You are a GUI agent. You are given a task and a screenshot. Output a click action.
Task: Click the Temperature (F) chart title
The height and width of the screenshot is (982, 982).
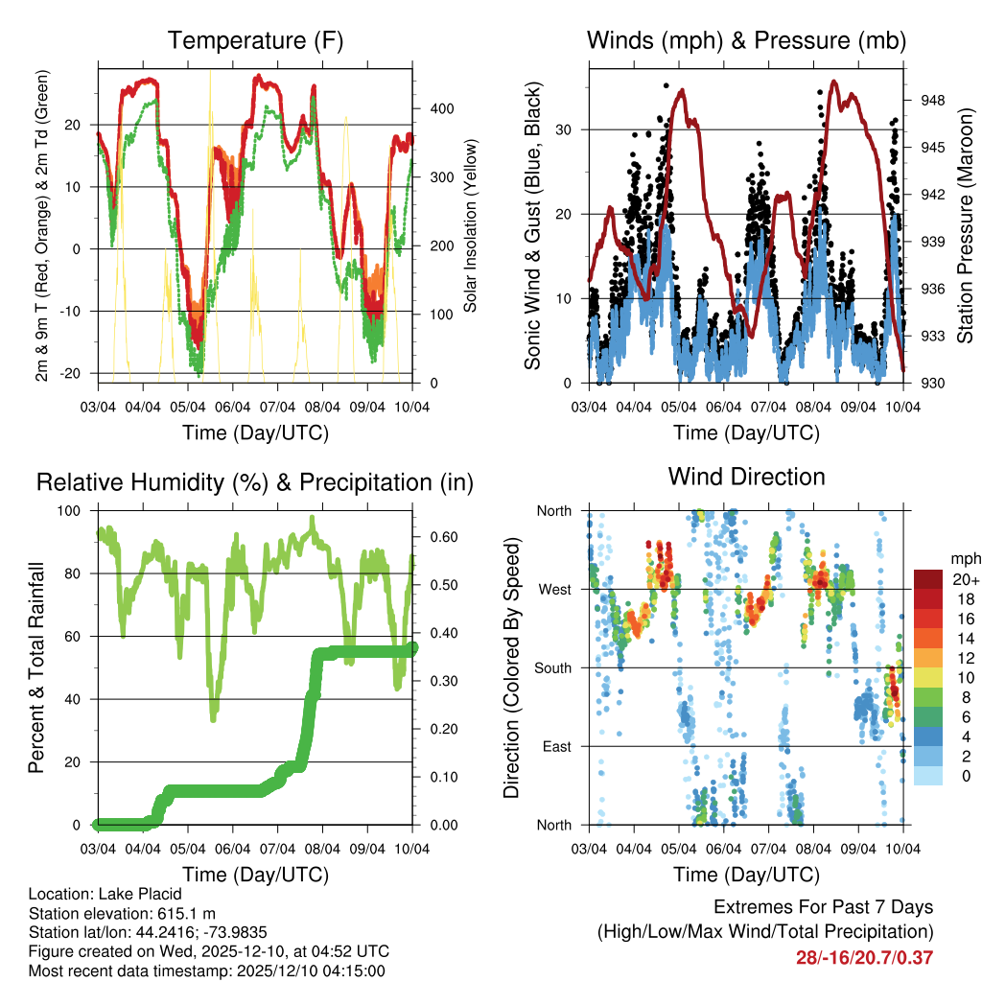pos(255,40)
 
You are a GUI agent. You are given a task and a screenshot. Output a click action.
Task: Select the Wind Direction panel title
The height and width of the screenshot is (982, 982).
pos(746,476)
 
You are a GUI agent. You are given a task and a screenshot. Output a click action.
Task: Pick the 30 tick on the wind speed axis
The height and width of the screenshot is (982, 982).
pos(572,129)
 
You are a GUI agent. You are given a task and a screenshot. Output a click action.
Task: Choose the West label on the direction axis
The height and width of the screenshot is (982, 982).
pos(553,589)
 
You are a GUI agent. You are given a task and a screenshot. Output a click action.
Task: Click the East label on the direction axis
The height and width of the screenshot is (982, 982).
pos(555,746)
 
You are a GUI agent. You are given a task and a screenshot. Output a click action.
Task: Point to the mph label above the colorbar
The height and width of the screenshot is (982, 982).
pos(964,558)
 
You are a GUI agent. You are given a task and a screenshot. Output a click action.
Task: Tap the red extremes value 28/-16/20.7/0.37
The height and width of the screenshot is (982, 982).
pos(864,957)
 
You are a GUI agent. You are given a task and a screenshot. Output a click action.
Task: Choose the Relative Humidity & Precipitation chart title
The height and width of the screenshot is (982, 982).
pos(255,481)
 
